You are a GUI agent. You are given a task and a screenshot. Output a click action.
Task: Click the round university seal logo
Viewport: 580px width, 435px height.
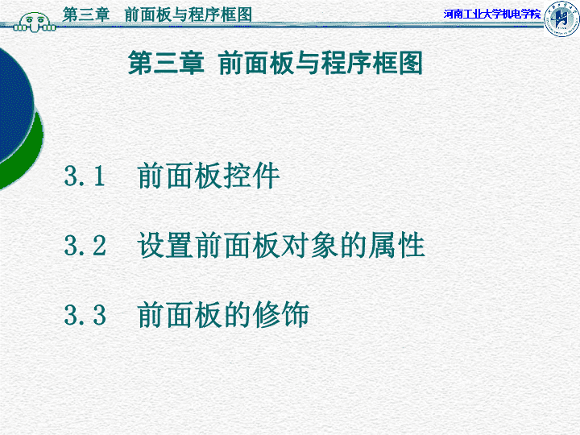click(x=561, y=19)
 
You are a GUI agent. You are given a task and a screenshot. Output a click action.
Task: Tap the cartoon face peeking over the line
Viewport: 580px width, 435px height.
click(x=35, y=23)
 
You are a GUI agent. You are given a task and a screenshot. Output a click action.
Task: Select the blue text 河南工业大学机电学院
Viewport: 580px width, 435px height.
click(x=492, y=14)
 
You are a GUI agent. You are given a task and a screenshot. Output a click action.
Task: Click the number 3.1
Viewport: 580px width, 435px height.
click(x=85, y=176)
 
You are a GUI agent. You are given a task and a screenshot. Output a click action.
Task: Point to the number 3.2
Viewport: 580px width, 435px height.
click(x=85, y=245)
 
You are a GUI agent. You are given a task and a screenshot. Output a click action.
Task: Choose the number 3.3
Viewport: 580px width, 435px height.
click(x=85, y=315)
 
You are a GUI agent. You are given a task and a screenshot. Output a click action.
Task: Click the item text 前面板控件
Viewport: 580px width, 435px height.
click(x=209, y=176)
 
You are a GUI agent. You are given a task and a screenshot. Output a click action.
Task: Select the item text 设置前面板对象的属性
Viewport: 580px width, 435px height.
click(x=281, y=245)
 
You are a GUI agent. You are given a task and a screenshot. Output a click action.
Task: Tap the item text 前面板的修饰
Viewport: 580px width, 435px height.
click(x=223, y=315)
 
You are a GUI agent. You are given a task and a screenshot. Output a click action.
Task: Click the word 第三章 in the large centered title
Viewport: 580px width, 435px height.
click(x=166, y=63)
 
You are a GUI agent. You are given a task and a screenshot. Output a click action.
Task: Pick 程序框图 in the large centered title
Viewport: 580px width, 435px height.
click(x=371, y=63)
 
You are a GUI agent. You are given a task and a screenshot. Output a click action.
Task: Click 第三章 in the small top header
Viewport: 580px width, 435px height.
click(x=86, y=14)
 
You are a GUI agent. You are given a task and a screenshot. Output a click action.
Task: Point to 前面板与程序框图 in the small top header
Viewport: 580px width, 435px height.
click(x=188, y=14)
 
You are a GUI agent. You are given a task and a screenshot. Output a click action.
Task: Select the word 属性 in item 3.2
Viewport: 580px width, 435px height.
click(x=396, y=245)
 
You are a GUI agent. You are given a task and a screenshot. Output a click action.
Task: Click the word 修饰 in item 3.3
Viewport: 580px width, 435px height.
click(x=281, y=315)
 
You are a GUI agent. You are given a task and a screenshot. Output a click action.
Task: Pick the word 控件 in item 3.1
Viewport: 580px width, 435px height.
click(x=251, y=176)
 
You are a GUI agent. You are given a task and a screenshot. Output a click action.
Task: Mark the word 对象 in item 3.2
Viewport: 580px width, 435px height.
click(x=309, y=245)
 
